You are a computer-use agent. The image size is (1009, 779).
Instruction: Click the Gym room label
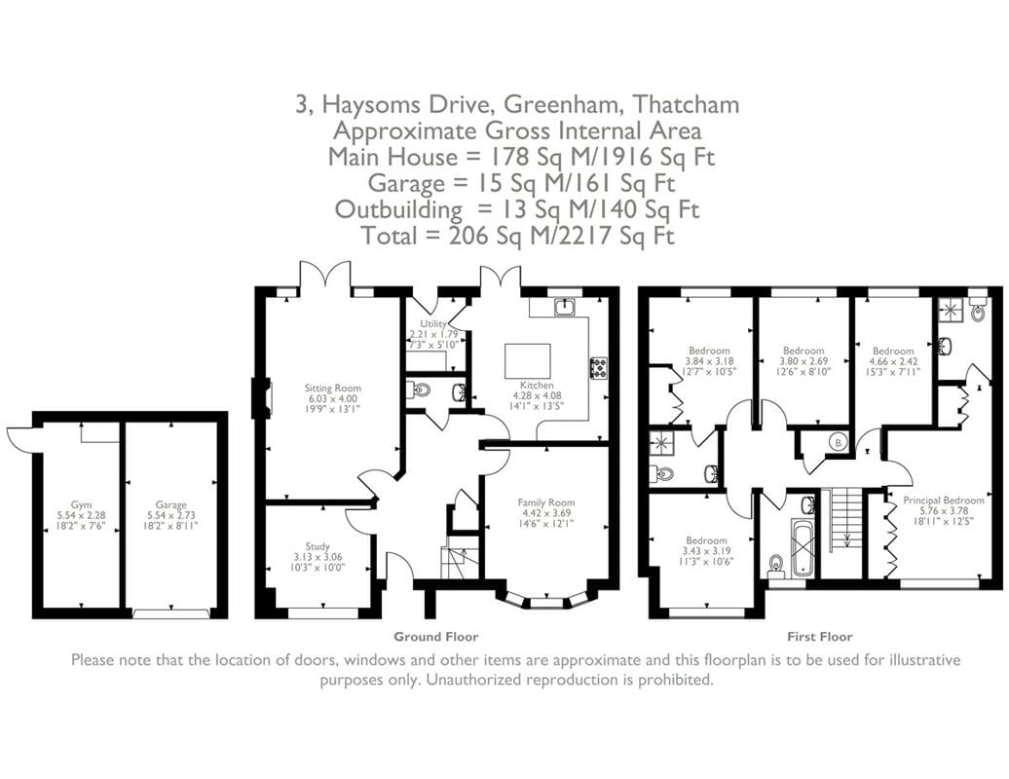pyautogui.click(x=81, y=505)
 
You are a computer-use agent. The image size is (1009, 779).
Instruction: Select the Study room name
pyautogui.click(x=317, y=546)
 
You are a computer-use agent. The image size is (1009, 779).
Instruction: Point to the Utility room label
pyautogui.click(x=433, y=324)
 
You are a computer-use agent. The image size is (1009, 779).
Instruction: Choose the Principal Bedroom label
pyautogui.click(x=943, y=500)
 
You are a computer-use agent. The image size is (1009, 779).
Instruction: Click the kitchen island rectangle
pyautogui.click(x=527, y=362)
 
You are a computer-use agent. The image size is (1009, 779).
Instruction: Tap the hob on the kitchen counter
pyautogui.click(x=597, y=368)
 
